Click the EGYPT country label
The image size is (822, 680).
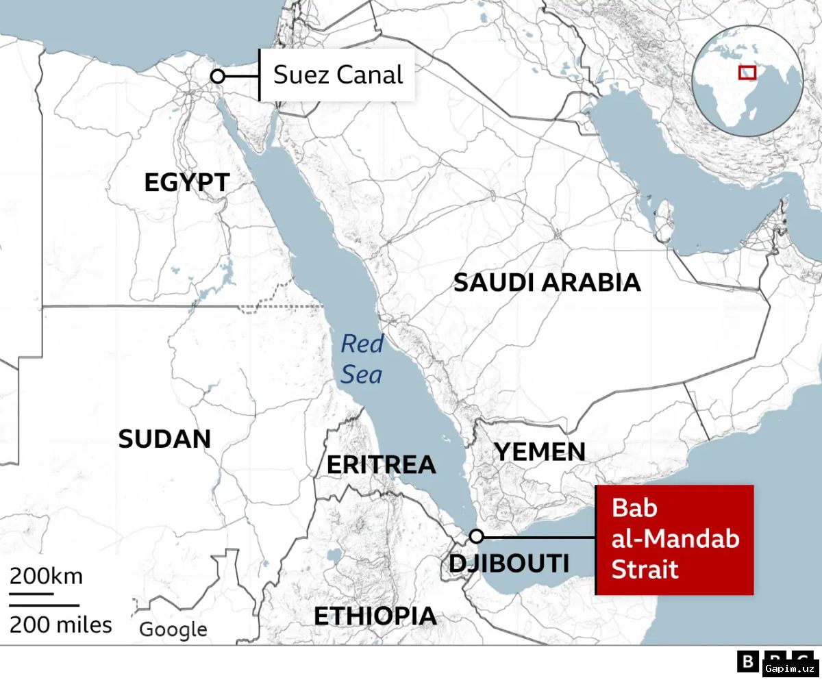[186, 183]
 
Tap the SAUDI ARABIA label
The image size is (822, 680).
[547, 282]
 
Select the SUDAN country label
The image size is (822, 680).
[164, 439]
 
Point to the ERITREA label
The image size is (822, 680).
[381, 464]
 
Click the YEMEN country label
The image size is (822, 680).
[540, 452]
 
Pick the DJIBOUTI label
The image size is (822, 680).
[509, 563]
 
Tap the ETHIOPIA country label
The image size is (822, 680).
[375, 616]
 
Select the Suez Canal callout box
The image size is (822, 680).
[338, 75]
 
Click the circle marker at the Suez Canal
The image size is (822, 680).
[218, 77]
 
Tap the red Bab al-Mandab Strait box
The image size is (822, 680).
[675, 540]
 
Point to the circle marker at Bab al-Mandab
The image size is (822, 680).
[477, 536]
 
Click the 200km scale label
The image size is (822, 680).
[46, 576]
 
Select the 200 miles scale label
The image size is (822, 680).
[60, 625]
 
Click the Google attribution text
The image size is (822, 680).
[173, 629]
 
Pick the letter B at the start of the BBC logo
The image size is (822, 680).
[747, 662]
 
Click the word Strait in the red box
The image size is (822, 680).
[645, 569]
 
